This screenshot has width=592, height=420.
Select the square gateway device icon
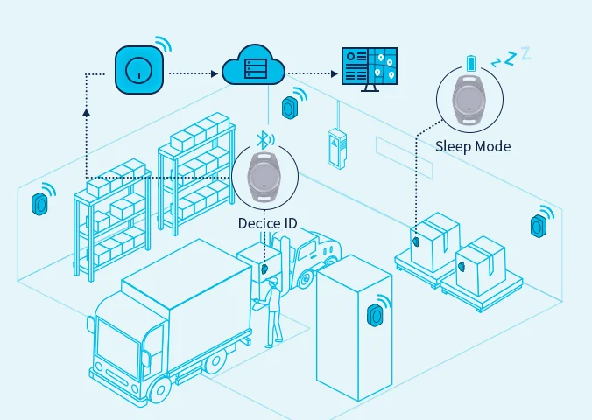139,71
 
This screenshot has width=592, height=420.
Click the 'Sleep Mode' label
473,146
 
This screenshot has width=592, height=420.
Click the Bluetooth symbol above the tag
261,138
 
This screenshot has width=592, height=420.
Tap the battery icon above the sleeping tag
472,63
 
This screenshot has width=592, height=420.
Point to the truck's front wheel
159,392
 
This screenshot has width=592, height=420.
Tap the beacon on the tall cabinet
376,314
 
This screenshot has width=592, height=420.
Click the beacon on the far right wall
538,226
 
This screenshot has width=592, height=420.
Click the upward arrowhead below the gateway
86,111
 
